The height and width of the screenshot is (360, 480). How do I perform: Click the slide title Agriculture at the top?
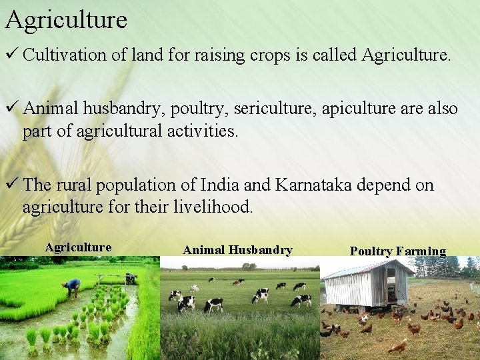(65, 20)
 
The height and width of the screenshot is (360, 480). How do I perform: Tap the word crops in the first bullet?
(267, 55)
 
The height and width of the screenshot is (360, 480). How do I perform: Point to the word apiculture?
(357, 109)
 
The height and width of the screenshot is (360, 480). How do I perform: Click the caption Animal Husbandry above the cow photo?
(237, 250)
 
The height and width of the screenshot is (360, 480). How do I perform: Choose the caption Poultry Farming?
(398, 251)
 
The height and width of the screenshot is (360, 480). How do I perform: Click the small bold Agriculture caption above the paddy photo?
(78, 247)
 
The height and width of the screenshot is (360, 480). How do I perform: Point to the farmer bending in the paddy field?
(71, 287)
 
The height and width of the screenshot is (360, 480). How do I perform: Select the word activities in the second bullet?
(202, 131)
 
